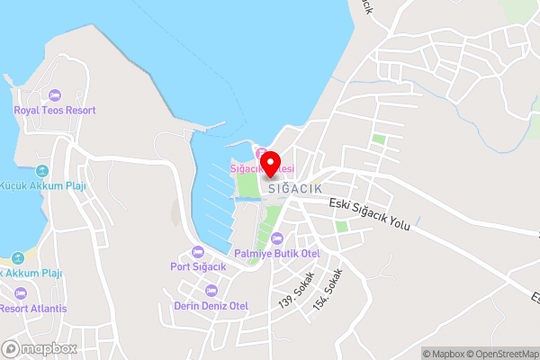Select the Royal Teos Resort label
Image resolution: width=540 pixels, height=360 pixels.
click(x=54, y=110)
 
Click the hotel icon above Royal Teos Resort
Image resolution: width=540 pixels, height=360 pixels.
click(x=54, y=94)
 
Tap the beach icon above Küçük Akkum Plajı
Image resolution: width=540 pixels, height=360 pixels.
click(x=41, y=171)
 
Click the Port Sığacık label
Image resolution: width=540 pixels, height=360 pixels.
click(x=198, y=265)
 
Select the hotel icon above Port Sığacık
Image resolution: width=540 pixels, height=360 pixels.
click(x=198, y=251)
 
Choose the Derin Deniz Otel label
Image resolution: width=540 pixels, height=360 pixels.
click(x=211, y=306)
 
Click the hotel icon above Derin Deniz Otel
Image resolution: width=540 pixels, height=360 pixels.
click(x=211, y=291)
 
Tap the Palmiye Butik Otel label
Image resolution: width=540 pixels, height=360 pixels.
click(x=277, y=254)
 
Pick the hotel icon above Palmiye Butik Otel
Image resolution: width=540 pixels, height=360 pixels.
click(x=277, y=238)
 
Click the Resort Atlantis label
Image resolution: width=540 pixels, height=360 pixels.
click(x=33, y=308)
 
